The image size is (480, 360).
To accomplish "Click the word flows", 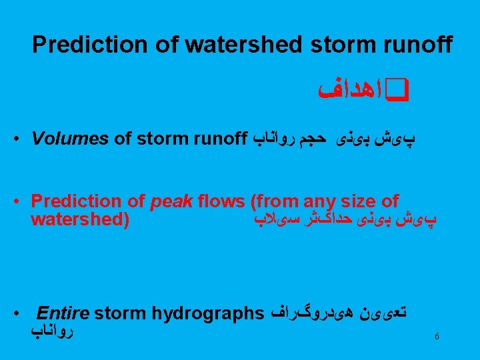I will pyautogui.click(x=216, y=201).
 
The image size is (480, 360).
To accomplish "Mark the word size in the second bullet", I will pyautogui.click(x=354, y=201).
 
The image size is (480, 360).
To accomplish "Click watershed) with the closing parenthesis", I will pyautogui.click(x=80, y=219).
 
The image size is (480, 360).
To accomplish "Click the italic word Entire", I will pyautogui.click(x=63, y=313).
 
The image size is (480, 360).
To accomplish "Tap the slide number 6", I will pyautogui.click(x=437, y=337).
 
